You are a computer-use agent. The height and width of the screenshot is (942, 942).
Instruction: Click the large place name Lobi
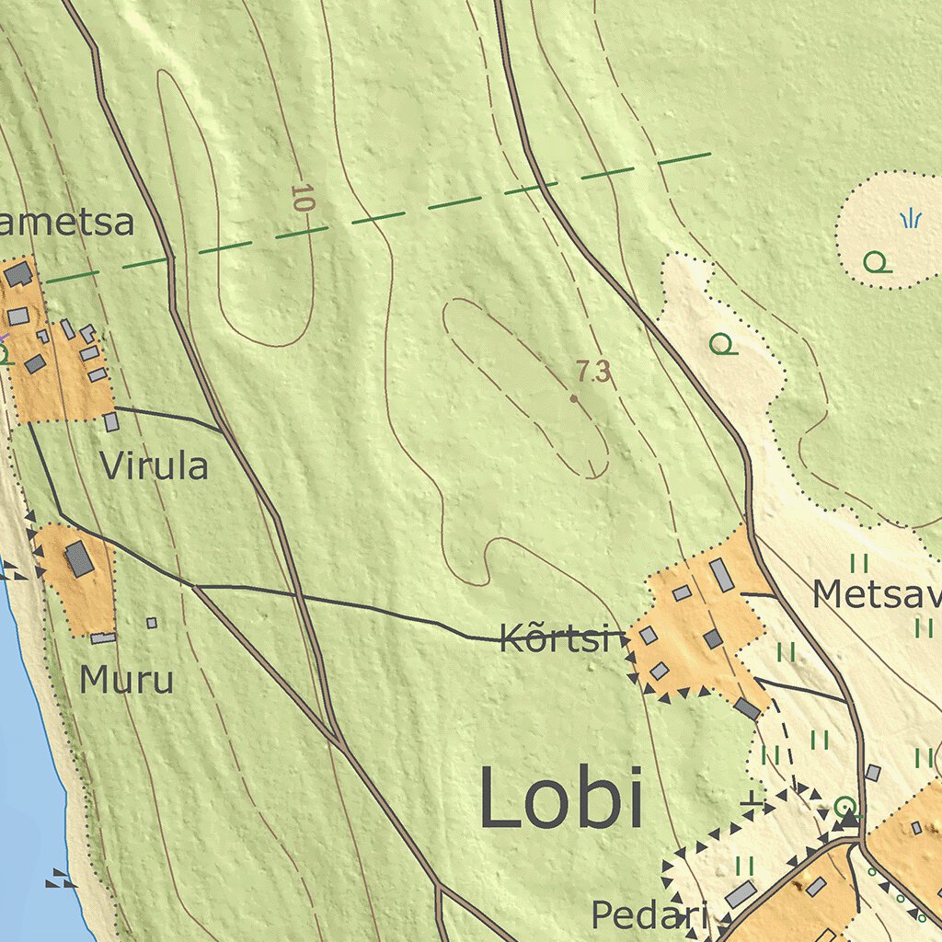tap(560, 800)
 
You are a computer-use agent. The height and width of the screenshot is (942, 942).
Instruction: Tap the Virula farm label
tap(155, 466)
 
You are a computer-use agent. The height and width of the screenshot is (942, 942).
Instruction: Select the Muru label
tap(126, 681)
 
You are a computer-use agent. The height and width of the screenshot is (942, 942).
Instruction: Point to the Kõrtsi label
tap(556, 638)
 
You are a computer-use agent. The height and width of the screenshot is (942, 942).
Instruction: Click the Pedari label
tap(649, 915)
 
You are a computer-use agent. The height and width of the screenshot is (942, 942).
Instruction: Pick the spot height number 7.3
tap(593, 373)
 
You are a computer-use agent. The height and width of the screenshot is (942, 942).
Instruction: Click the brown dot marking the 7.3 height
tap(573, 398)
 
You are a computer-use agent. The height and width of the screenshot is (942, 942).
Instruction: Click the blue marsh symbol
tap(910, 218)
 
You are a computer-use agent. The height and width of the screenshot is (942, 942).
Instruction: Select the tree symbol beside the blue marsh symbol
tap(877, 263)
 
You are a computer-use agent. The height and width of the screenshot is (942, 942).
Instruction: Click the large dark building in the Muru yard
tap(79, 558)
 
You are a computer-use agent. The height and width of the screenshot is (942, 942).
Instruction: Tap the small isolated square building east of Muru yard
tap(152, 623)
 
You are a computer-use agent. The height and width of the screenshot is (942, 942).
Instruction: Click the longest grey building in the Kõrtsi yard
tap(722, 575)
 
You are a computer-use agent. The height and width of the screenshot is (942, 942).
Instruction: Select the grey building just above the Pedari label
tap(741, 893)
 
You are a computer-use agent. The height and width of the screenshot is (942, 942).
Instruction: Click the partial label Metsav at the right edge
tap(876, 595)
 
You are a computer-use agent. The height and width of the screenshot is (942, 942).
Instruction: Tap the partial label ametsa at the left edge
tap(66, 223)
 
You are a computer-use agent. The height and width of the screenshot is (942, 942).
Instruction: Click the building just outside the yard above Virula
tap(111, 421)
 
